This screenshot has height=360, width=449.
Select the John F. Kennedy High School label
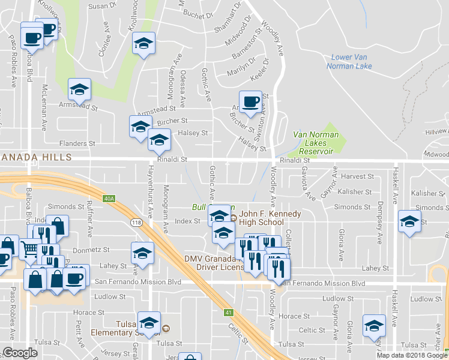(261, 217)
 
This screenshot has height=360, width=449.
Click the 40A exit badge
(108, 197)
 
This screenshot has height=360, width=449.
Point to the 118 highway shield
(136, 222)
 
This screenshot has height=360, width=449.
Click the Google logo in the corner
(20, 353)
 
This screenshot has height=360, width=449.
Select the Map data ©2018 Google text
(411, 355)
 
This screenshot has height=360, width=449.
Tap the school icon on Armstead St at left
(79, 89)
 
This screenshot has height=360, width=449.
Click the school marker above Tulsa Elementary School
(149, 321)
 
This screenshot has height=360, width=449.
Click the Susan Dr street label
(102, 6)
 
